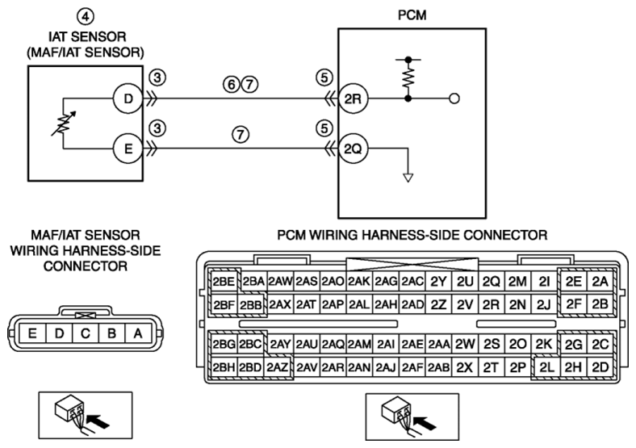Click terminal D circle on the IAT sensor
coord(128,98)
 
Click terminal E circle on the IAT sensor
coord(128,149)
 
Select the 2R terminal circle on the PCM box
coord(353,98)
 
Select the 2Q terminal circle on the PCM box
coord(353,149)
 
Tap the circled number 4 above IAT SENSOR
coord(86,17)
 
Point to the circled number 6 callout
coord(231,85)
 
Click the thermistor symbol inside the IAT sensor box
coord(64,124)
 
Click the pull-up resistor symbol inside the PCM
coord(408,78)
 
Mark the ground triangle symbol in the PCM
coord(408,178)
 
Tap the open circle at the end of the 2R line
coord(454,98)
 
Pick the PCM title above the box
coord(412,15)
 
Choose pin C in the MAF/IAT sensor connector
coord(86,333)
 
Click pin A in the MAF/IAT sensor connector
coord(138,333)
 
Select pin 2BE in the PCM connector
coord(224,281)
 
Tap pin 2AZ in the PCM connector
coord(278,367)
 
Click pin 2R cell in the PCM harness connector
coord(491,304)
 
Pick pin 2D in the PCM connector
coord(600,367)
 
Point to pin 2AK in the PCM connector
coord(359,281)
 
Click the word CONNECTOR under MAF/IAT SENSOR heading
coord(86,266)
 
